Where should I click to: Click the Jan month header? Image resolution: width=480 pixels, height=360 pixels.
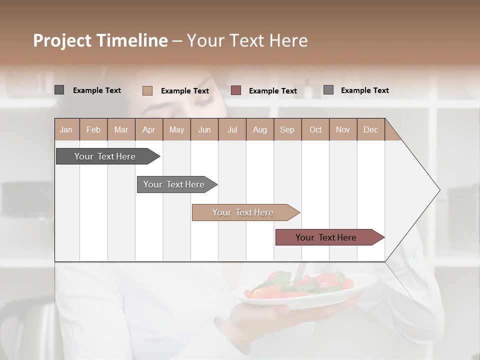click(66, 130)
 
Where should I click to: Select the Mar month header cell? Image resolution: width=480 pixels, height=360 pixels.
click(121, 130)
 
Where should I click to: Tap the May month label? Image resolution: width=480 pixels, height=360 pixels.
click(176, 130)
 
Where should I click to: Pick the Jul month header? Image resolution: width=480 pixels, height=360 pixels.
click(232, 130)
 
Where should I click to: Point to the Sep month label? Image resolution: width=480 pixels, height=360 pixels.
click(287, 130)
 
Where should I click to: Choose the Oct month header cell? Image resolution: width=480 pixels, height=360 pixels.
click(315, 130)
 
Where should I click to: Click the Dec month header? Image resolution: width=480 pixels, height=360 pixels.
click(370, 130)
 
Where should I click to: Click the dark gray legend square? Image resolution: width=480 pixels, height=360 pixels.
click(59, 90)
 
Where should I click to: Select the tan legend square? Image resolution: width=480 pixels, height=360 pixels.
click(147, 90)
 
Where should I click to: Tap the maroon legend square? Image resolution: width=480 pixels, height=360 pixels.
click(236, 90)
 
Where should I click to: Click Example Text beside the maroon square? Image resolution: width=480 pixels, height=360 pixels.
click(272, 91)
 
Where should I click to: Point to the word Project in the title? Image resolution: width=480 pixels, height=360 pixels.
click(61, 40)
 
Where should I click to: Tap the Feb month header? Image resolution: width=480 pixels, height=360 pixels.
click(93, 130)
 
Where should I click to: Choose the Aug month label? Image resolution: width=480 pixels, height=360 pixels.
click(259, 130)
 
